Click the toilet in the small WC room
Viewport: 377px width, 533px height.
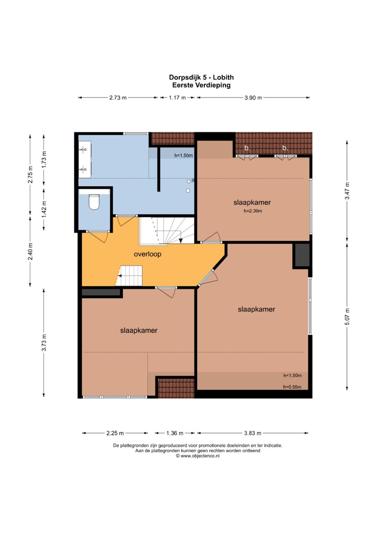click(94, 202)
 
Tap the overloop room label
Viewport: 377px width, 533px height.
click(147, 254)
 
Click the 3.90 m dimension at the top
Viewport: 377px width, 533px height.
click(253, 98)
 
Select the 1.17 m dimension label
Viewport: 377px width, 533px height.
click(177, 98)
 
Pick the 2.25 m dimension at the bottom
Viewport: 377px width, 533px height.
click(115, 433)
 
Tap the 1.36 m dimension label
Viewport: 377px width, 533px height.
click(175, 433)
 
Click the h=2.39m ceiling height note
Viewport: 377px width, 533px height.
click(253, 211)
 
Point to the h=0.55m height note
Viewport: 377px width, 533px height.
click(292, 387)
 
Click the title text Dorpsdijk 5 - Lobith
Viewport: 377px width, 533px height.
click(201, 77)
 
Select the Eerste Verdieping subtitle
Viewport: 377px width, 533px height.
click(201, 85)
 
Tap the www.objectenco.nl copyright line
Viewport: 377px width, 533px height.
click(197, 456)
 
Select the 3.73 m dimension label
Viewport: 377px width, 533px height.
click(44, 342)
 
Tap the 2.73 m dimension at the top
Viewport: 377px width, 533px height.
click(118, 98)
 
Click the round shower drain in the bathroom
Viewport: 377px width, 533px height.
click(188, 190)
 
